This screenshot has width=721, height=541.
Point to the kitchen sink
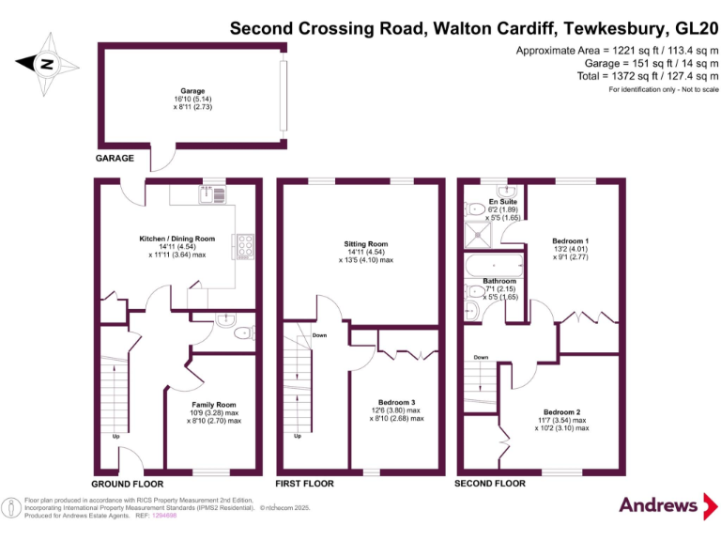(x=207, y=194)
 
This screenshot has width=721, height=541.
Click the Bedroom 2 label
(x=561, y=411)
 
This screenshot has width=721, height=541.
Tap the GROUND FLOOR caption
(x=120, y=484)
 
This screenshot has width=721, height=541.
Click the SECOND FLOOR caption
(x=489, y=484)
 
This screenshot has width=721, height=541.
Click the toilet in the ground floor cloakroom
(x=243, y=332)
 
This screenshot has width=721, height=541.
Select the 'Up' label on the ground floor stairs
(x=115, y=437)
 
